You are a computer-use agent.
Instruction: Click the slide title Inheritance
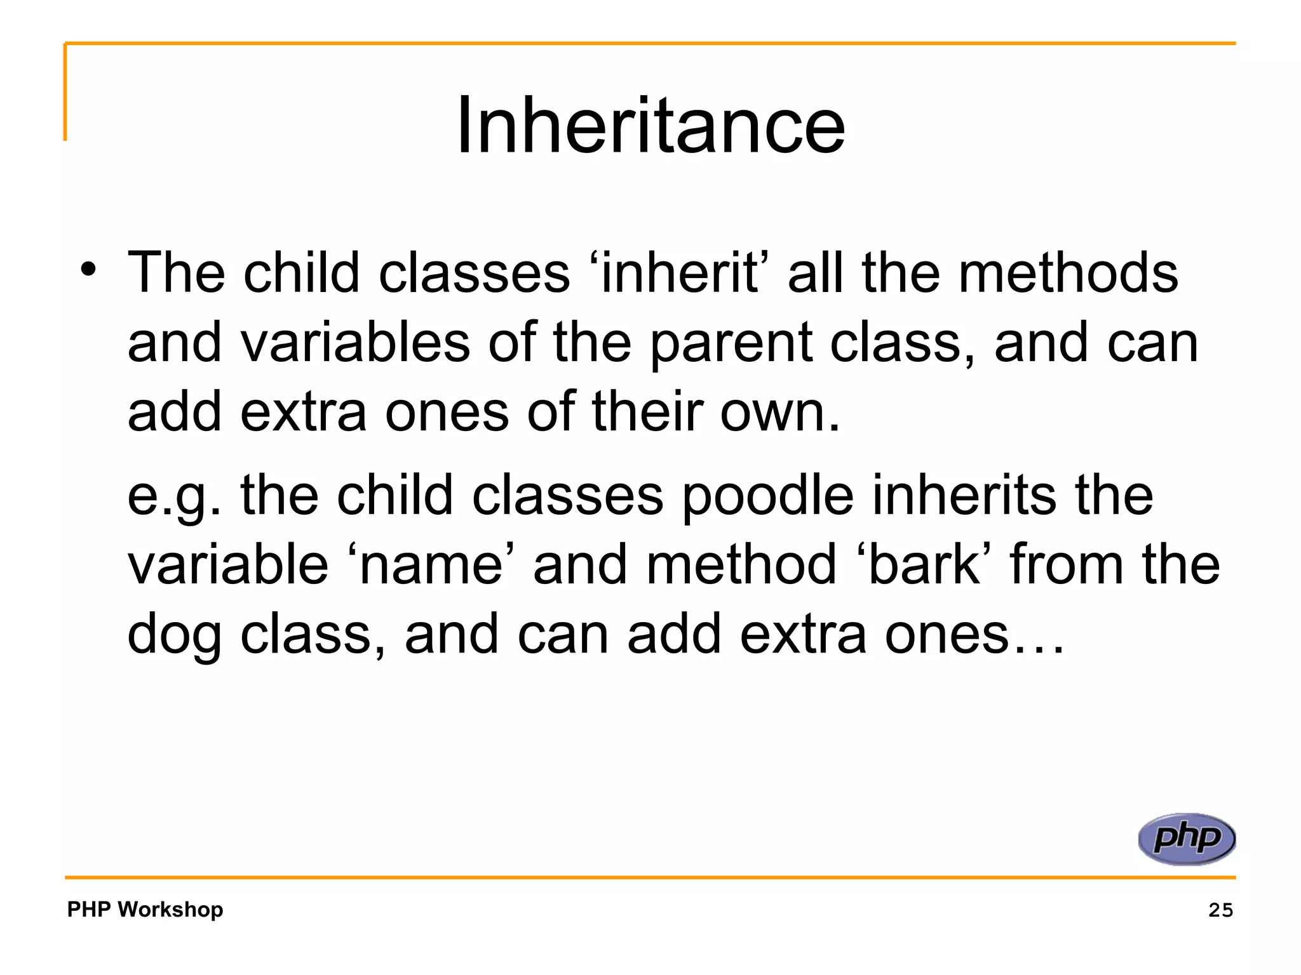coord(650,125)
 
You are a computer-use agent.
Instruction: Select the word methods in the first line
coord(1068,273)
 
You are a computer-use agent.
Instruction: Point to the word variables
coord(355,343)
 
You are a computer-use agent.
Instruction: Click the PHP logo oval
coord(1186,839)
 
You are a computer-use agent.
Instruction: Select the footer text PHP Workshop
coord(145,909)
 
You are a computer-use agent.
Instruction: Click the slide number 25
coord(1220,910)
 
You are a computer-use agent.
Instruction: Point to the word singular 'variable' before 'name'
coord(227,565)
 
